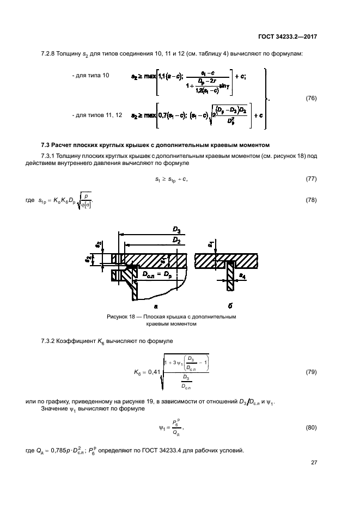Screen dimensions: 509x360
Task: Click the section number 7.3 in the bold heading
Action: pyautogui.click(x=46, y=145)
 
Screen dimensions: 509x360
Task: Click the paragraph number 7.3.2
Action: pyautogui.click(x=50, y=341)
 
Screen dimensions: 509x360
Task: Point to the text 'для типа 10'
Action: pyautogui.click(x=90, y=76)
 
